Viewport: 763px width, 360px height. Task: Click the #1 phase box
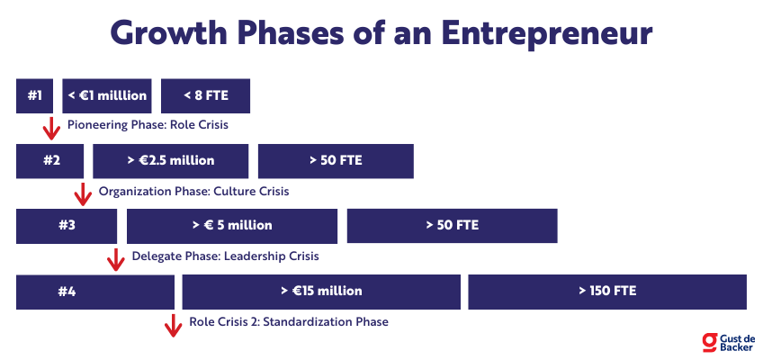(34, 95)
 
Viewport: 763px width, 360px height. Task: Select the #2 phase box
(49, 161)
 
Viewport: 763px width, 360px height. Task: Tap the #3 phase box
(67, 226)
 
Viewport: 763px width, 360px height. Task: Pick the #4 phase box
(94, 292)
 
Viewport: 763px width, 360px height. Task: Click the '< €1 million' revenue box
(107, 95)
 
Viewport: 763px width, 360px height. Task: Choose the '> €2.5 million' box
(171, 161)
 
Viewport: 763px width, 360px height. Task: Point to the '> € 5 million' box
(232, 226)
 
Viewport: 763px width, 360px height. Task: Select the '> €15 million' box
(321, 292)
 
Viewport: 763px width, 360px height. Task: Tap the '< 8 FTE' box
(205, 95)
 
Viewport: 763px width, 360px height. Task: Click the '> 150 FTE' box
(607, 292)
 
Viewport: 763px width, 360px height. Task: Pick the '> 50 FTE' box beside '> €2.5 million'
(336, 161)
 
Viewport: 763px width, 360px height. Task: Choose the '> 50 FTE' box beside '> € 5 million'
(452, 226)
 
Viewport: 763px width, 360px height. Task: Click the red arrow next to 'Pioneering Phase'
(51, 129)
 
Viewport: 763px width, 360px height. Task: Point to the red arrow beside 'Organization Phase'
(83, 194)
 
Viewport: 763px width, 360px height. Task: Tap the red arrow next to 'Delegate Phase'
(116, 259)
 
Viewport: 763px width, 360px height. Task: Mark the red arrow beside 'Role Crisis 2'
(173, 326)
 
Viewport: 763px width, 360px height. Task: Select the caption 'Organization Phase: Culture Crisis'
(193, 191)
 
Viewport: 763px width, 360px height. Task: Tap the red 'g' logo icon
(710, 343)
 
